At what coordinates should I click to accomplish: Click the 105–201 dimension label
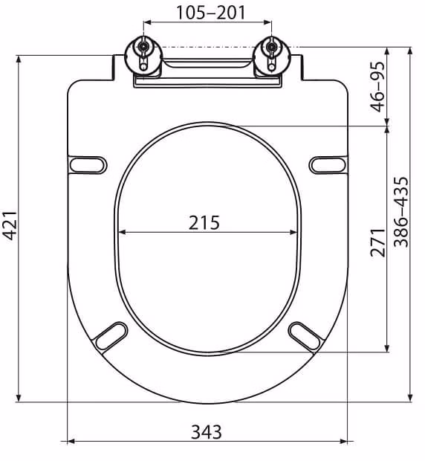(x=210, y=13)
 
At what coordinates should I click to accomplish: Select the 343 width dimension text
(x=207, y=432)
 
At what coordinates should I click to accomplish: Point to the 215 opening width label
(x=204, y=222)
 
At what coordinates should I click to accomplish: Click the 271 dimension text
(x=377, y=242)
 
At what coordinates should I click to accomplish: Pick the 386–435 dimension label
(x=401, y=212)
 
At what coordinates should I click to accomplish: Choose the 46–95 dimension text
(x=377, y=87)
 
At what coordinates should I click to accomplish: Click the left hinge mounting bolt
(x=143, y=46)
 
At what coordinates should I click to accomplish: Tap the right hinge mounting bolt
(x=272, y=46)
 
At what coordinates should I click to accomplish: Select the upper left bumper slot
(x=88, y=165)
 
